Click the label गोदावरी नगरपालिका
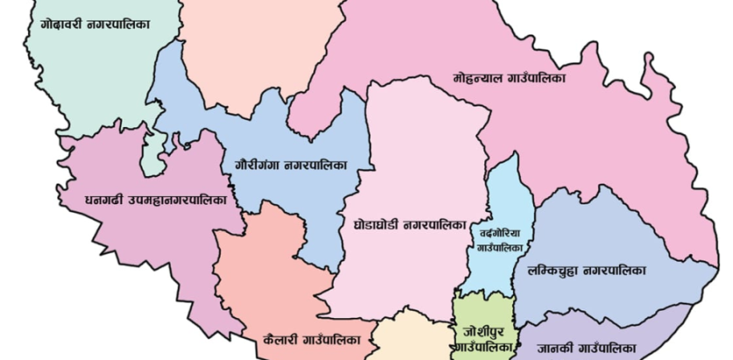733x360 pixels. (95, 25)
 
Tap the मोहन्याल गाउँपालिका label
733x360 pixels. (509, 78)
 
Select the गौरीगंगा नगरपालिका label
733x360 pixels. (291, 164)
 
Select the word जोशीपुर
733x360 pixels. (483, 332)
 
